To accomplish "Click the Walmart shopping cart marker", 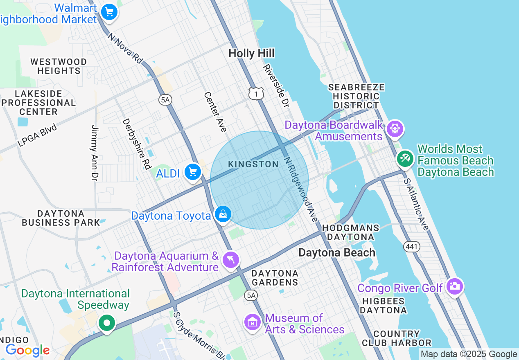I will coord(109,12).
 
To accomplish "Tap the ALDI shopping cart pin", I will coord(192,172).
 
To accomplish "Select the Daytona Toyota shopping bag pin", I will coord(223,214).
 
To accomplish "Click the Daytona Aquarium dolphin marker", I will coord(231,260).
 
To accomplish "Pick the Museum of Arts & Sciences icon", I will coord(253,322).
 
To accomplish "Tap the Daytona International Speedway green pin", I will coord(107,323).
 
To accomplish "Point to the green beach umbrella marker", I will coord(405,158).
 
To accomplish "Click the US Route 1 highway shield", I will coord(256,94).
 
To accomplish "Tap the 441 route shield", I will coord(411,246).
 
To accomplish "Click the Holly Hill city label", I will coord(251,53).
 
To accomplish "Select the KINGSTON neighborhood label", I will coord(253,164).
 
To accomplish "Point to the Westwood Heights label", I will coord(59,66).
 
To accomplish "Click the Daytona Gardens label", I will coord(275,278).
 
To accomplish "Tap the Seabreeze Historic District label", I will coord(357,96).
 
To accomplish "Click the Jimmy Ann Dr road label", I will coord(95,153).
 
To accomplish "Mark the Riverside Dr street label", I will coord(276,86).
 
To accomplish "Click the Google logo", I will coord(27,351).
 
